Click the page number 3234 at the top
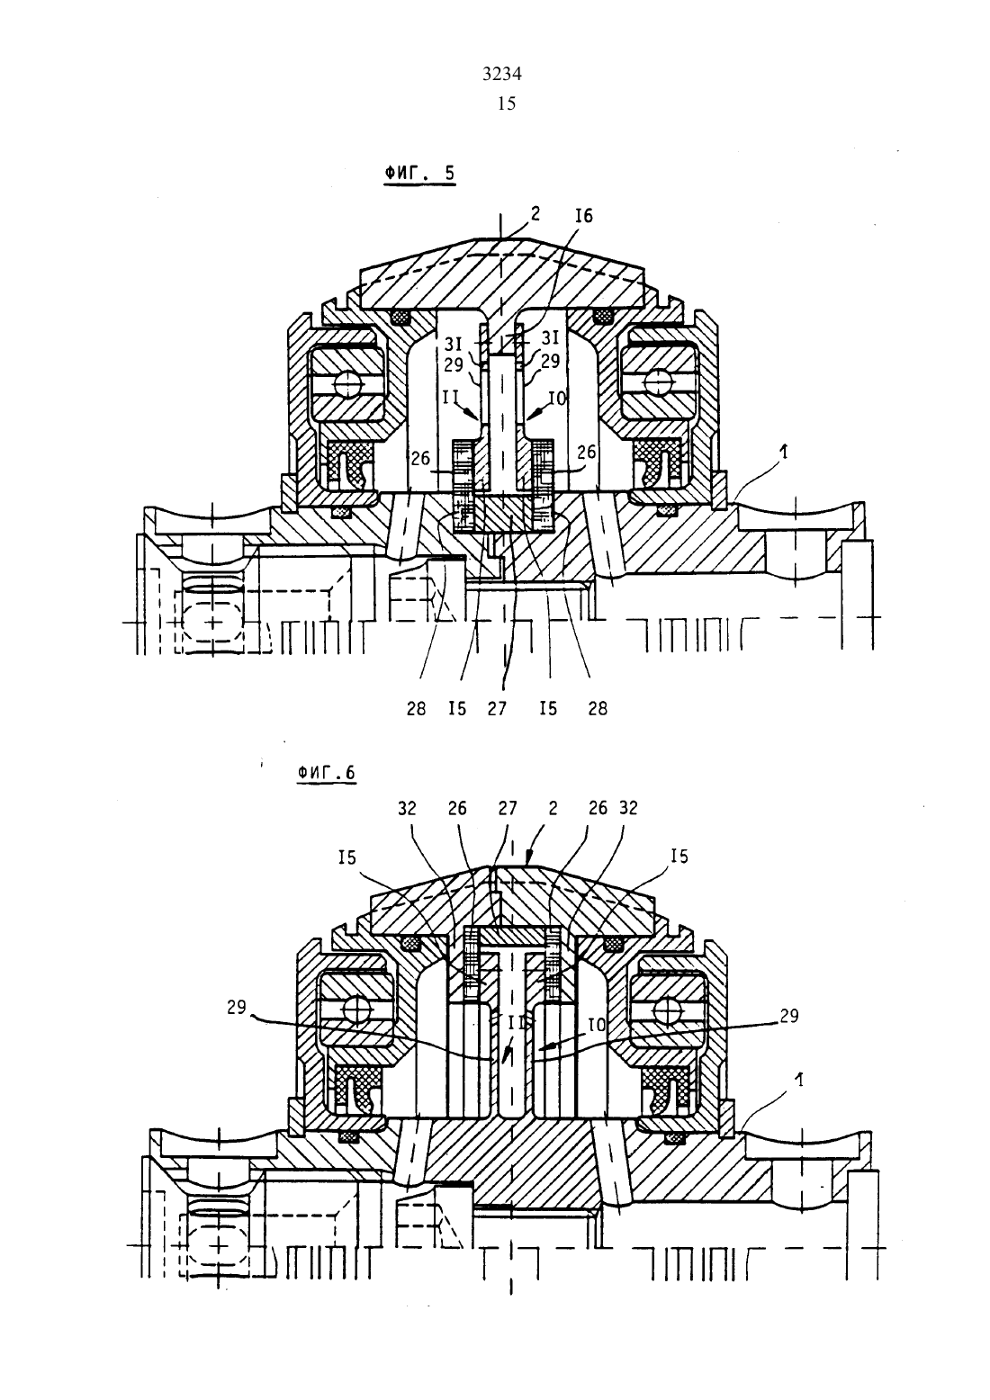pos(502,75)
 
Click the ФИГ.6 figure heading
pos(326,773)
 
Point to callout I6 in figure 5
pos(583,216)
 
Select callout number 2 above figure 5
pos(535,213)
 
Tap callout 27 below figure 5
pos(497,709)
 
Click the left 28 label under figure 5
pos(416,709)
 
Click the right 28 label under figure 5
pos(598,709)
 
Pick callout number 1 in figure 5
pos(784,452)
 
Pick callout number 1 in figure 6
pos(799,1080)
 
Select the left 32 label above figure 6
pos(407,808)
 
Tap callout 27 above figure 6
pos(508,808)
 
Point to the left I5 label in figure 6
pos(346,857)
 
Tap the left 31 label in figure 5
pos(454,343)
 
